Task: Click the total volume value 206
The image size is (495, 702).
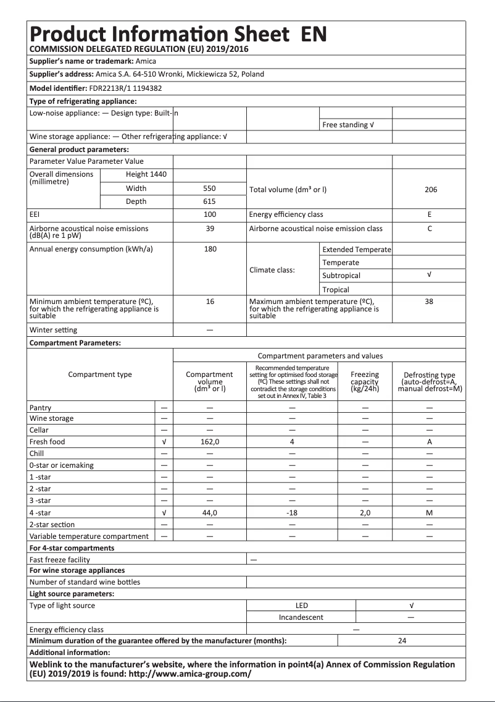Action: tap(430, 190)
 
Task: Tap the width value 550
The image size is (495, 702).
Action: tap(209, 188)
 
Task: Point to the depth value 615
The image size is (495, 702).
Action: tap(209, 201)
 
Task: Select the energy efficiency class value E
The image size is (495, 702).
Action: tap(430, 214)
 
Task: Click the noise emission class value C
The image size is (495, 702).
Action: tap(430, 229)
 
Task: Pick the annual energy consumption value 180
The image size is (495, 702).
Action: tap(209, 249)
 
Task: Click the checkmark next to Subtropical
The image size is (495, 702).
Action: tap(430, 276)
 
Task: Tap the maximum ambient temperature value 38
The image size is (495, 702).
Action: tap(430, 302)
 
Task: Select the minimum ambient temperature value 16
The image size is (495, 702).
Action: tap(209, 302)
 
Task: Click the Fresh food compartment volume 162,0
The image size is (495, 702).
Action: tap(210, 442)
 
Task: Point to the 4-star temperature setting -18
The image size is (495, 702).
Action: tap(292, 513)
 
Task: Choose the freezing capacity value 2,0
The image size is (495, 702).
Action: tap(365, 513)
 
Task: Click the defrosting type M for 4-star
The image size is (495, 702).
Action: tap(430, 513)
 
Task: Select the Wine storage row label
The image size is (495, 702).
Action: tap(51, 418)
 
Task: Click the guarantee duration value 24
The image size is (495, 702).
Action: tap(402, 641)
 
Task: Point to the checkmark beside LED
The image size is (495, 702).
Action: tap(411, 606)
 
